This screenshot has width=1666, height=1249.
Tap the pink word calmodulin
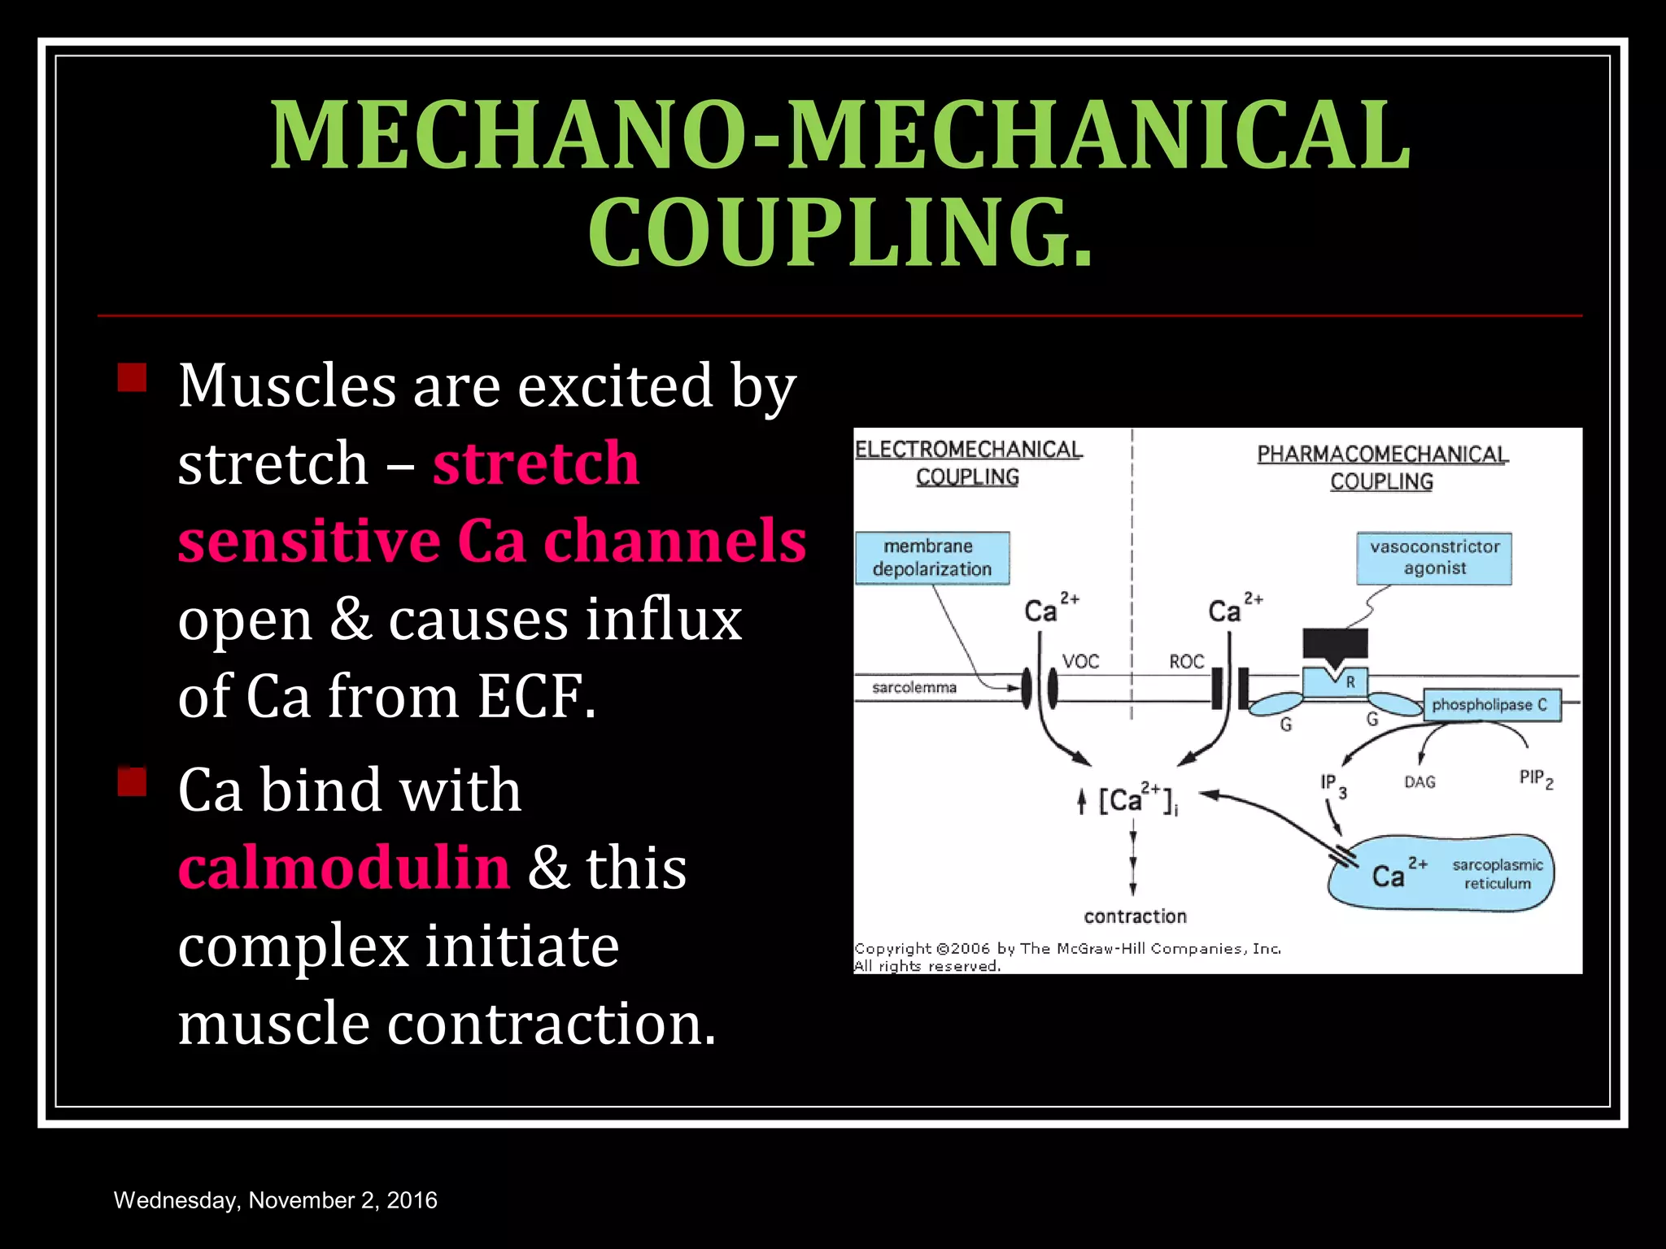[x=344, y=867]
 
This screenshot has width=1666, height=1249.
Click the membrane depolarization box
[x=932, y=558]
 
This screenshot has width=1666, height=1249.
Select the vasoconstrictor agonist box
[x=1434, y=558]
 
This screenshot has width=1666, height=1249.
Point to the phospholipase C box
[x=1492, y=705]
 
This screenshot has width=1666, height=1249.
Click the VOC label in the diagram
[x=1080, y=662]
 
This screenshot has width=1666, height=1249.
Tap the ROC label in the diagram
[x=1186, y=662]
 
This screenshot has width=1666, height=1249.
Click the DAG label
[x=1420, y=782]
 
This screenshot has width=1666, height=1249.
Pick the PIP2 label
[x=1535, y=779]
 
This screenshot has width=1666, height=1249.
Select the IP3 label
[x=1332, y=785]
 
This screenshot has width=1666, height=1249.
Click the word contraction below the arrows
[x=1135, y=916]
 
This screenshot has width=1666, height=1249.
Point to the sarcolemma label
[x=914, y=688]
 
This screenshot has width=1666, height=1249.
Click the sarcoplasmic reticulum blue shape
[x=1441, y=874]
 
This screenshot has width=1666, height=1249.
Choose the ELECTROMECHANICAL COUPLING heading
[x=968, y=463]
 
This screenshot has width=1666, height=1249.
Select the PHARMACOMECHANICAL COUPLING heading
[x=1382, y=468]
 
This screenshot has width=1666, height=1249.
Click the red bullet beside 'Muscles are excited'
[x=132, y=378]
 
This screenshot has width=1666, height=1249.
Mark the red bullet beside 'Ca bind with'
[x=132, y=782]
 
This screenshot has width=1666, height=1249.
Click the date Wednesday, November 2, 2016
[x=276, y=1200]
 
